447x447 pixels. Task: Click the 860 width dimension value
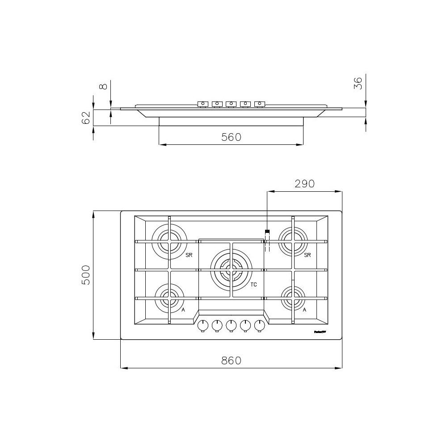coord(231,360)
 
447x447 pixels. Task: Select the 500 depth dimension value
coord(86,275)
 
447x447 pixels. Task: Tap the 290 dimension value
coord(304,184)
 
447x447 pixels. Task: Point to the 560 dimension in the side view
coord(231,137)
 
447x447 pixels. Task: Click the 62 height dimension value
coord(86,118)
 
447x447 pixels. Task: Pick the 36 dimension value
coord(358,83)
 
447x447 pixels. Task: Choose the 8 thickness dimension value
coord(104,85)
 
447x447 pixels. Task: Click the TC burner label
coord(253,285)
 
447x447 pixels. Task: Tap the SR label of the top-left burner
coord(189,255)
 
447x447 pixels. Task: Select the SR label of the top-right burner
coord(307,255)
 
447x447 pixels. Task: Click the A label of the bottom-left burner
coord(183,309)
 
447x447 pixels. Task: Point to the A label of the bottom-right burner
coord(304,309)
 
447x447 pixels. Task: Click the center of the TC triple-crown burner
coord(231,270)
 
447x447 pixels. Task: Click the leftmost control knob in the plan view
coord(203,325)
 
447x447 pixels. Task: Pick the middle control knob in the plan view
coord(231,325)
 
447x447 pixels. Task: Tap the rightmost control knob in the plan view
coord(259,325)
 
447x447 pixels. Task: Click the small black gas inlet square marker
coord(267,232)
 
